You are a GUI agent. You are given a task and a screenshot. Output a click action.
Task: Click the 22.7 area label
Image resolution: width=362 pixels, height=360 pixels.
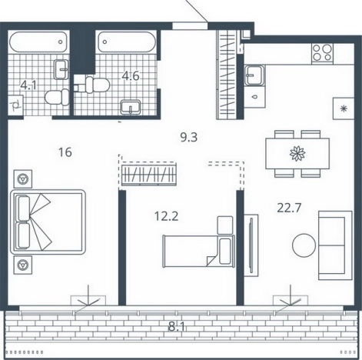click(289, 208)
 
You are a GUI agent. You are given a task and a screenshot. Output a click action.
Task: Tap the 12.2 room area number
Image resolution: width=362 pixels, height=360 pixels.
click(167, 216)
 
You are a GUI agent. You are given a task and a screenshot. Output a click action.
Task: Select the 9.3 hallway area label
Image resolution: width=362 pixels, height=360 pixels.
click(189, 138)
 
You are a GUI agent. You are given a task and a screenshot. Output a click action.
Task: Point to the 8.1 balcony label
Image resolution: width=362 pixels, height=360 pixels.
click(177, 327)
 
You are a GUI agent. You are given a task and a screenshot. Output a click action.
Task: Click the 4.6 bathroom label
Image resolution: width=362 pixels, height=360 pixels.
click(131, 76)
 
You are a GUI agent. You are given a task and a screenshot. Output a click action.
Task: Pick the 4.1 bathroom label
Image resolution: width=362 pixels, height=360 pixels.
click(28, 85)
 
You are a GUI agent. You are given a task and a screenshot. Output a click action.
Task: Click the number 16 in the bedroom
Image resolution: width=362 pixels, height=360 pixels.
click(65, 152)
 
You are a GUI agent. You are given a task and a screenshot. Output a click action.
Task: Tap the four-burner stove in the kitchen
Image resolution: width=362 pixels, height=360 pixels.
click(322, 54)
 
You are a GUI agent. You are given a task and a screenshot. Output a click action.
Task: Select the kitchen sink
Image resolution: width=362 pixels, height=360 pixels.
click(254, 75)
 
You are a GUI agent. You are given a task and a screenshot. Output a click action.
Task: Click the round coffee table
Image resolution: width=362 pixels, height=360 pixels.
click(304, 245)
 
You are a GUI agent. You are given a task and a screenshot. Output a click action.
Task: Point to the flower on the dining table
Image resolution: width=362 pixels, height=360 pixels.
click(297, 154)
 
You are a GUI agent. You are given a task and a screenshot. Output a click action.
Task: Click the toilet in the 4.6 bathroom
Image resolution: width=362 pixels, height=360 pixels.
click(94, 85)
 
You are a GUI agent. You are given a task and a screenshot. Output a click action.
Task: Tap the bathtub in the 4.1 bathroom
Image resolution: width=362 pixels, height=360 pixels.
click(38, 42)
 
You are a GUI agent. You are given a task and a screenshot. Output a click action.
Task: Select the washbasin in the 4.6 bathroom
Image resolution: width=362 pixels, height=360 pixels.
click(131, 108)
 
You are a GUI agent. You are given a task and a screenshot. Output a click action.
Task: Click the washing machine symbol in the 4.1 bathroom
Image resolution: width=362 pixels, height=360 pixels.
click(15, 105)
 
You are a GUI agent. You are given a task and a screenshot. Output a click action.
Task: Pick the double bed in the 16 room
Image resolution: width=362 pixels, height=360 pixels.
click(48, 222)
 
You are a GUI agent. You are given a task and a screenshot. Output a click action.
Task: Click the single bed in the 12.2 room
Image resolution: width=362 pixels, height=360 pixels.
click(199, 252)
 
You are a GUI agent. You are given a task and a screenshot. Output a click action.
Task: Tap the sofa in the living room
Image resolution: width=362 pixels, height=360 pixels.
click(335, 245)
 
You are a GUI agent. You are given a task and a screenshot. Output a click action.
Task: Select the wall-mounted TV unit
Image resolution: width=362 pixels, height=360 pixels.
click(251, 245)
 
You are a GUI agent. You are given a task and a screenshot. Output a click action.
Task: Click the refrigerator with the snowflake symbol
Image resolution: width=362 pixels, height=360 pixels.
click(344, 108)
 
